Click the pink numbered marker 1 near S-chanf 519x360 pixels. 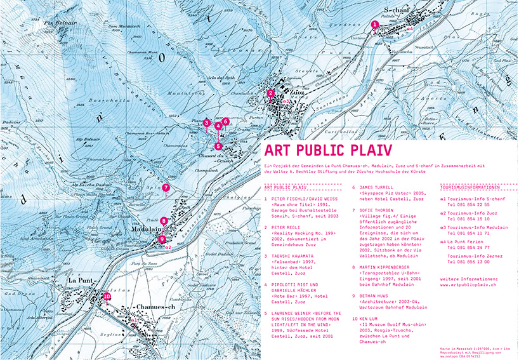[x=374, y=25]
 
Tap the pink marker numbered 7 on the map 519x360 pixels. [x=165, y=187]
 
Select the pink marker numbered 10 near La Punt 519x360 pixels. [x=107, y=296]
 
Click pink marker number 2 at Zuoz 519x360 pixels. [x=271, y=93]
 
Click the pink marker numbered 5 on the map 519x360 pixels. [x=218, y=146]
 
